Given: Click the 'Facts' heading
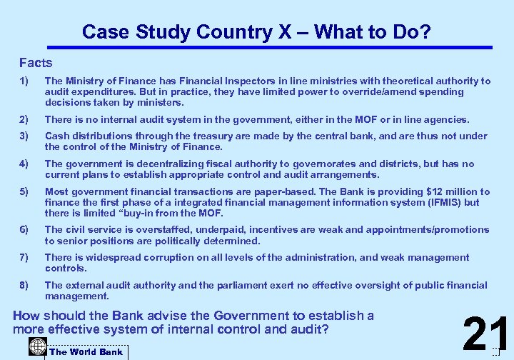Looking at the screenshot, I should click(36, 63).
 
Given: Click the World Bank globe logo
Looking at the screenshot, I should click(38, 347).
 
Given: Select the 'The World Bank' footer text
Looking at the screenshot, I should click(86, 351).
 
